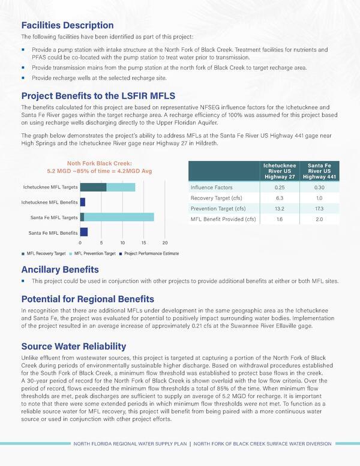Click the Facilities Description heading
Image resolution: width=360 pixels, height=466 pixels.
click(67, 25)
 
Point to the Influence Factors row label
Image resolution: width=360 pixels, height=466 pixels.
click(211, 187)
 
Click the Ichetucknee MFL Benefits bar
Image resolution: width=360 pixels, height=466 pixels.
click(83, 202)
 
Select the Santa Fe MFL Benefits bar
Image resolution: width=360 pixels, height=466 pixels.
click(84, 232)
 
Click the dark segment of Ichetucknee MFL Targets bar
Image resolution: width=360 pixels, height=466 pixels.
click(93, 187)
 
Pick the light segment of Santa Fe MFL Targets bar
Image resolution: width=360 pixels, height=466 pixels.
click(119, 217)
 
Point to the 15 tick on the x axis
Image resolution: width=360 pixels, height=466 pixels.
click(144, 243)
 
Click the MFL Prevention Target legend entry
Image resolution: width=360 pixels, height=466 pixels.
click(94, 253)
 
